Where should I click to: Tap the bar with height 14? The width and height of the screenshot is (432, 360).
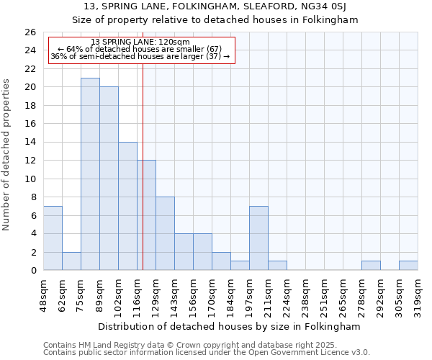pyautogui.click(x=127, y=206)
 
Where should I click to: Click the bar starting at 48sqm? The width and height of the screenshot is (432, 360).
pyautogui.click(x=53, y=238)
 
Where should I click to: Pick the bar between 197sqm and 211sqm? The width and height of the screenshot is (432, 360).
pyautogui.click(x=258, y=238)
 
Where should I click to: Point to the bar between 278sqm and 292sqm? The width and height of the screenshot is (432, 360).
pyautogui.click(x=371, y=266)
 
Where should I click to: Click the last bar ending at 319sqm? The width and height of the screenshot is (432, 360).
pyautogui.click(x=408, y=266)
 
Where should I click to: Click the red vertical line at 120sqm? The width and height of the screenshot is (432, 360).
pyautogui.click(x=143, y=180)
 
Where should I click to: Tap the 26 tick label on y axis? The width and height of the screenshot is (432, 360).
pyautogui.click(x=30, y=32)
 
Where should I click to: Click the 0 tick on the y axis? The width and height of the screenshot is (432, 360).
pyautogui.click(x=32, y=271)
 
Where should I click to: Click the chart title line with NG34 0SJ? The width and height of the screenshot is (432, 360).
pyautogui.click(x=215, y=6)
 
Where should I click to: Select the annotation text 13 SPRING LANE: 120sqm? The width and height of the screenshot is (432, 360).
pyautogui.click(x=141, y=42)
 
